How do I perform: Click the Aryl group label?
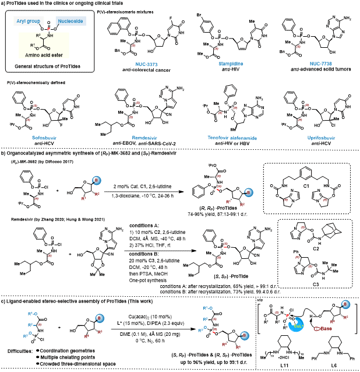[29, 21]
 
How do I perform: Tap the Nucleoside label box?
[70, 21]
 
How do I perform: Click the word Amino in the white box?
[33, 55]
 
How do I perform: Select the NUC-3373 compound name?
[146, 64]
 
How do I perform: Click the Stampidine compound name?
[231, 64]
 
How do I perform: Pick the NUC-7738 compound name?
[320, 64]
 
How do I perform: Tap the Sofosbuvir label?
[44, 138]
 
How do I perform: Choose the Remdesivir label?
[144, 138]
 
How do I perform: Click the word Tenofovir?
[218, 138]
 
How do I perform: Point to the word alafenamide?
[243, 138]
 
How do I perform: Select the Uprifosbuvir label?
[321, 138]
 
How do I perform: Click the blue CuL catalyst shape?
[296, 325]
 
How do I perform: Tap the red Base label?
[326, 329]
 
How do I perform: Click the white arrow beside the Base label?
[317, 329]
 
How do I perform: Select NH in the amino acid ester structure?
[51, 36]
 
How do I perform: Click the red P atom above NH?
[48, 29]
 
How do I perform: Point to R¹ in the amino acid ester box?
[33, 45]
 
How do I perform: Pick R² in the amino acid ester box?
[38, 36]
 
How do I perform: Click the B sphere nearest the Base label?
[345, 304]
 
